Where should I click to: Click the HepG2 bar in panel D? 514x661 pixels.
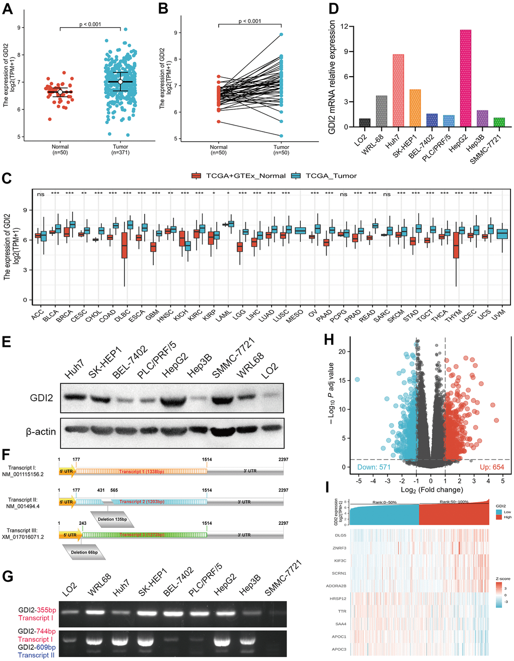pyautogui.click(x=465, y=78)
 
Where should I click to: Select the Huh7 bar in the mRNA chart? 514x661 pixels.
pyautogui.click(x=398, y=90)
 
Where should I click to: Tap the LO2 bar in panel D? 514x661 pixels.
pyautogui.click(x=364, y=123)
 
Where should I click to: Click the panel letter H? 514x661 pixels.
pyautogui.click(x=329, y=340)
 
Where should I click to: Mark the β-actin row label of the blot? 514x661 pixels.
pyautogui.click(x=41, y=432)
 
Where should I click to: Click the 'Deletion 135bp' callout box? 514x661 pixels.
pyautogui.click(x=113, y=519)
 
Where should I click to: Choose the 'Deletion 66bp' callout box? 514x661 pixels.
pyautogui.click(x=84, y=552)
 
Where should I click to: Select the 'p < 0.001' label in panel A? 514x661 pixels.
pyautogui.click(x=90, y=24)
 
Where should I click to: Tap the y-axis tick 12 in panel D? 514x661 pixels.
pyautogui.click(x=344, y=26)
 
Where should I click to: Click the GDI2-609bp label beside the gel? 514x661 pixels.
pyautogui.click(x=37, y=647)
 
